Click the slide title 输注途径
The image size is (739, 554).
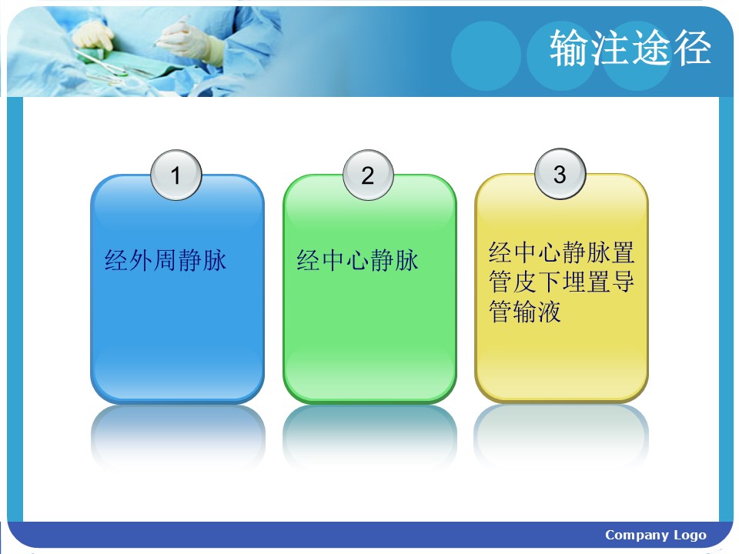(630, 48)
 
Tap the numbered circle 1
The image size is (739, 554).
(176, 175)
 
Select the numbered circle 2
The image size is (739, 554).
(368, 175)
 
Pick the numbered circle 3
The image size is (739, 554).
(560, 174)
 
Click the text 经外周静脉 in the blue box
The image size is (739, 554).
(166, 260)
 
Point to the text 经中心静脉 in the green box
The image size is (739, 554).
(358, 260)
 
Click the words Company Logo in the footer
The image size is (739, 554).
(656, 536)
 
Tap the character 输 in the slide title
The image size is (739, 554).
(570, 48)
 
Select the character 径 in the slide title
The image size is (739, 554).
(691, 48)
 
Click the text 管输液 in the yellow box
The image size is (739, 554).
(525, 312)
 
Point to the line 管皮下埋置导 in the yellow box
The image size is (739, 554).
(561, 282)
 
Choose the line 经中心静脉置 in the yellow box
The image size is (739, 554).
(561, 252)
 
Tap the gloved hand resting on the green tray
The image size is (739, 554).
(93, 36)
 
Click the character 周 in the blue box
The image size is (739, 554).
(166, 260)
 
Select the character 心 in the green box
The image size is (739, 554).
(358, 261)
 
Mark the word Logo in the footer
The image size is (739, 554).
(690, 536)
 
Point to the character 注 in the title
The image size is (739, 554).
(610, 48)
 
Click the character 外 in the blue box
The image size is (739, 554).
(140, 260)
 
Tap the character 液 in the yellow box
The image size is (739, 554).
(550, 312)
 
